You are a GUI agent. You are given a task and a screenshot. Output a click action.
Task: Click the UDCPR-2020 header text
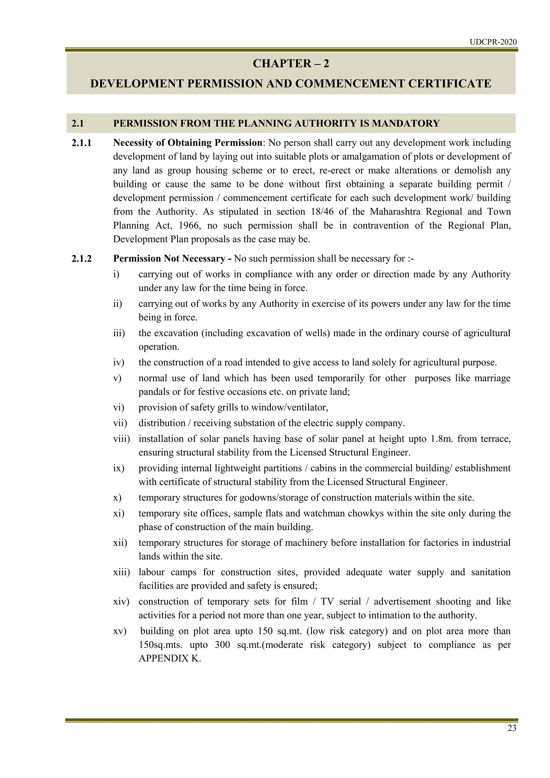point(493,42)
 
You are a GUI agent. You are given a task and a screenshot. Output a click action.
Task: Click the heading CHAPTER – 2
point(291,64)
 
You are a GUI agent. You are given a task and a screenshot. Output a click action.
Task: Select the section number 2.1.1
point(82,143)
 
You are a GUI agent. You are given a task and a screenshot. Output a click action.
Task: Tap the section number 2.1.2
point(82,259)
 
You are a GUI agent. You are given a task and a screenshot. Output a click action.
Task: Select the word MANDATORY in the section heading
point(406,123)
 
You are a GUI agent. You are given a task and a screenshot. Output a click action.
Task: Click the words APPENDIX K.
point(170,659)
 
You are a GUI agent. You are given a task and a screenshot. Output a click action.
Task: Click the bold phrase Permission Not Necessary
point(169,259)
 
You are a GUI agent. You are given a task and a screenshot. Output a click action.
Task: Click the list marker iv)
point(118,363)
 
